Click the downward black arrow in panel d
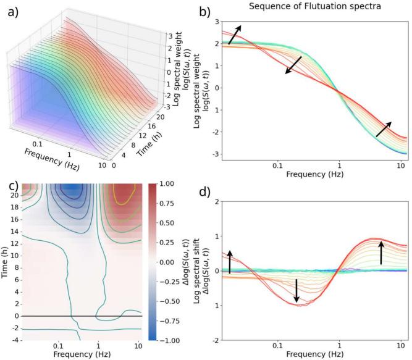pyautogui.click(x=296, y=290)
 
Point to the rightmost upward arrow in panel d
pyautogui.click(x=381, y=252)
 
